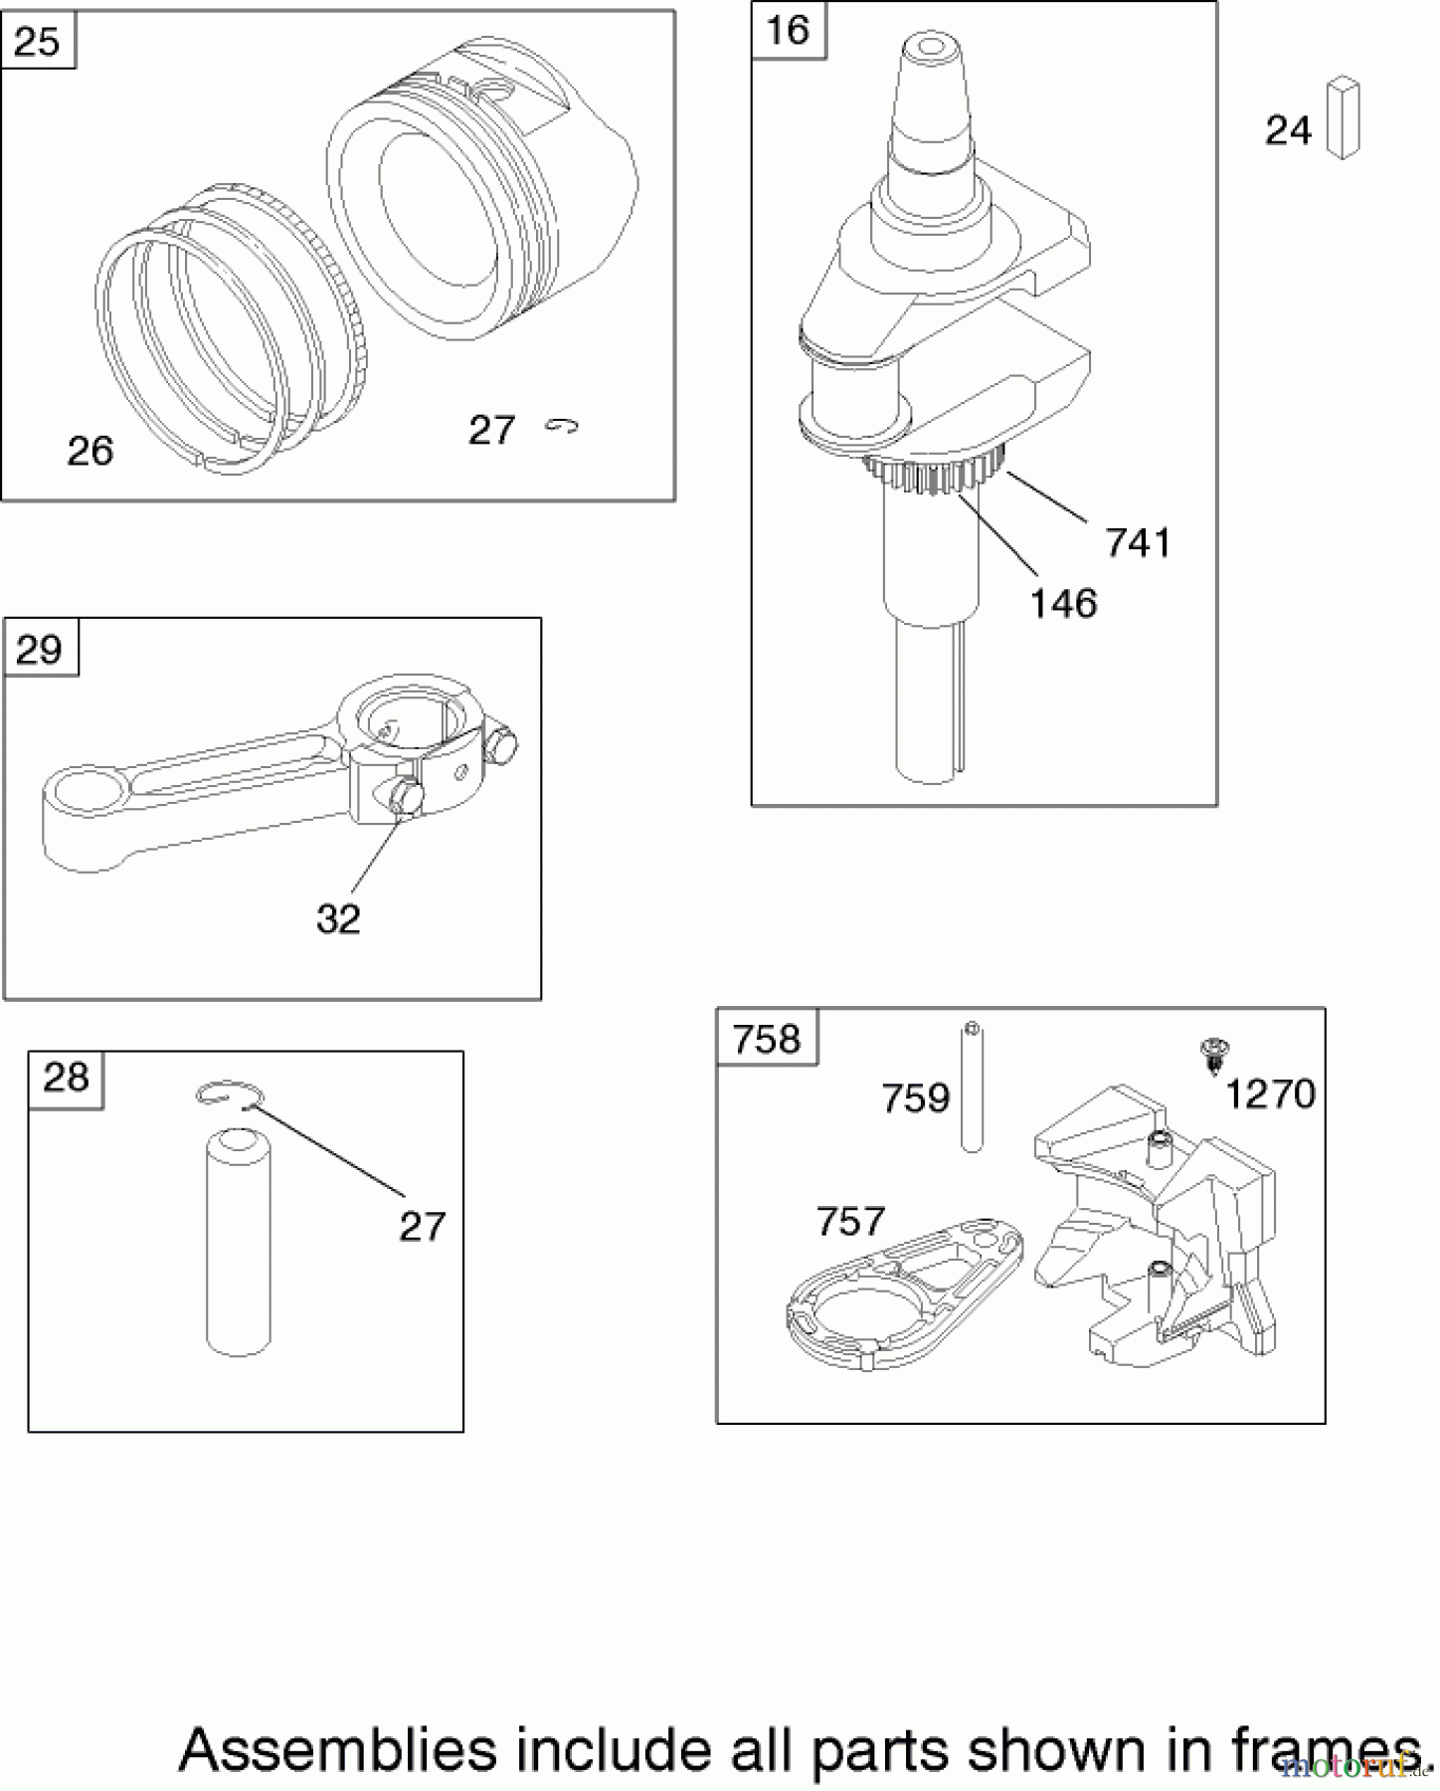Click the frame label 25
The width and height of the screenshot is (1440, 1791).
[38, 42]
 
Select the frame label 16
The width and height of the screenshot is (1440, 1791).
[788, 30]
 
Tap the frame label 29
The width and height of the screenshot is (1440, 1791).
[40, 649]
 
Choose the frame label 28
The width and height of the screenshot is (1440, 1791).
[66, 1077]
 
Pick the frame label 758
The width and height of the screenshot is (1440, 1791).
[766, 1040]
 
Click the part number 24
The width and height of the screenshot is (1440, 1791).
[1288, 130]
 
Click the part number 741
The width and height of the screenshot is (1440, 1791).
[1138, 543]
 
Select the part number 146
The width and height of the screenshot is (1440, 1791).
[1062, 603]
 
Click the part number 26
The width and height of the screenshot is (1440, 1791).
[90, 451]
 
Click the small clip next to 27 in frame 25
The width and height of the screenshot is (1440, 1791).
[562, 426]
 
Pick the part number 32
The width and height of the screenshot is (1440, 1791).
[338, 918]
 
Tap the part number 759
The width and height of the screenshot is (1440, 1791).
[915, 1098]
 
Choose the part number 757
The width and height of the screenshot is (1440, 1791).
[849, 1221]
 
